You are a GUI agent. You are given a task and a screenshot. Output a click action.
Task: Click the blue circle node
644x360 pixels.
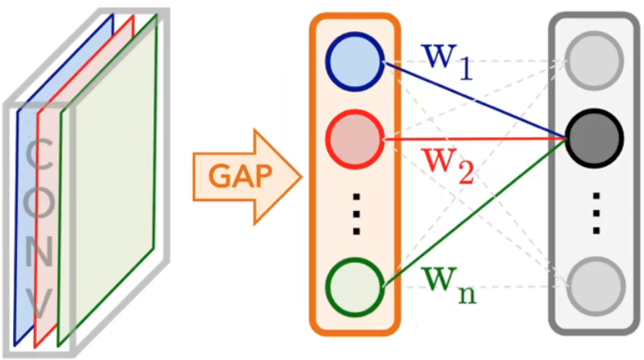point(354,62)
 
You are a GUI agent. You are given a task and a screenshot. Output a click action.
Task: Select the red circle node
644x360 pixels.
point(354,137)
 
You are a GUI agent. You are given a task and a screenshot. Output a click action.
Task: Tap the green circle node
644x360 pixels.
point(354,286)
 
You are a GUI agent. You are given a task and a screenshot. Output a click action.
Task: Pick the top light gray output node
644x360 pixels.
point(595,62)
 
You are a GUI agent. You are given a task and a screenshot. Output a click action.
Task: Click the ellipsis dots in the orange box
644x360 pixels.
point(354,212)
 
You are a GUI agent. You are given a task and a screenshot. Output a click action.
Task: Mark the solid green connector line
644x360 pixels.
point(476,212)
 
